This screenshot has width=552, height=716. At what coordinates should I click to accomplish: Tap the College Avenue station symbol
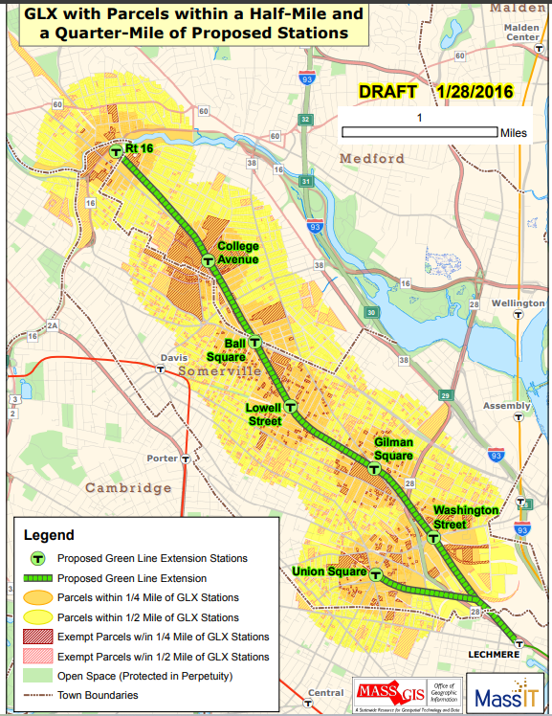click(208, 260)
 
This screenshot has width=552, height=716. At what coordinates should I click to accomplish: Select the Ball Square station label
click(235, 350)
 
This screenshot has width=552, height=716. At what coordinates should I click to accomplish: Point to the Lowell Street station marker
click(291, 407)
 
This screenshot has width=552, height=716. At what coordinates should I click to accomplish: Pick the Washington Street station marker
click(434, 538)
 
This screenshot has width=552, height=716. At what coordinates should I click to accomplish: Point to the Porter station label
click(162, 459)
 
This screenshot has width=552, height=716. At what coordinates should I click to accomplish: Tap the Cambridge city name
click(128, 488)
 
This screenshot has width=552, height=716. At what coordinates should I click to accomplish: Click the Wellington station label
click(518, 302)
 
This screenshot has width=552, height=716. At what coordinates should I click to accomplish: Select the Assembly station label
click(507, 406)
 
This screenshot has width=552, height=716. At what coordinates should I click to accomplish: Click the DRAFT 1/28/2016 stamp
click(435, 92)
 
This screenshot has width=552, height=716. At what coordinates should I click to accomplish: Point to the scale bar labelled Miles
click(419, 132)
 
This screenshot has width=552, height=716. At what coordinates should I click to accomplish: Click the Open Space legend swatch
click(38, 676)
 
